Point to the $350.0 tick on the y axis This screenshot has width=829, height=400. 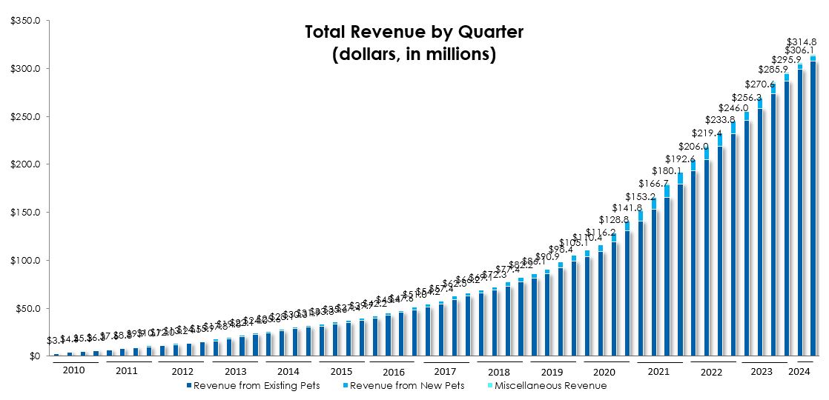point(25,21)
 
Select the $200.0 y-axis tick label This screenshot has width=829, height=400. point(25,164)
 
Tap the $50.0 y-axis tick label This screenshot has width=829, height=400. point(27,309)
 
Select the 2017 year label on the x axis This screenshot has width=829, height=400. point(446,371)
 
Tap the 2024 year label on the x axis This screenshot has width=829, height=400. point(799,371)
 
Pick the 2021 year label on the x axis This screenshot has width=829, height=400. point(658,371)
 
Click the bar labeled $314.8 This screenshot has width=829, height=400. point(813,207)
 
